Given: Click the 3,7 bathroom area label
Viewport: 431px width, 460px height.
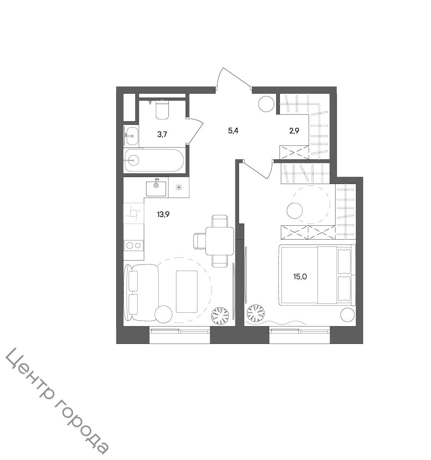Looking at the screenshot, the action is coord(162,134).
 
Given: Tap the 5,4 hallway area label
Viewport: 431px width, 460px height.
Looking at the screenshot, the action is coord(233,131).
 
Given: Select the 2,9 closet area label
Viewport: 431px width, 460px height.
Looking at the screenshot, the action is coord(294,131).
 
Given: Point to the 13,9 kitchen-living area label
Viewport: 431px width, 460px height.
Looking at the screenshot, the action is coord(163,215).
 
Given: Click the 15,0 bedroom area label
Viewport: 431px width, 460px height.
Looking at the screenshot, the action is coord(300,276).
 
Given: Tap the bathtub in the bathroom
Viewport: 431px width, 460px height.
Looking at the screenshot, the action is coord(154,160).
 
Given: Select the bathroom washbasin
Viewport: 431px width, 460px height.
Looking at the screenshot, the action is coord(131,136).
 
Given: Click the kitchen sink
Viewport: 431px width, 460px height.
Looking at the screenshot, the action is coord(156,189).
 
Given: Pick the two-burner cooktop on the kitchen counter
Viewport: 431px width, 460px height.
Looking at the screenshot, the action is coord(134,245).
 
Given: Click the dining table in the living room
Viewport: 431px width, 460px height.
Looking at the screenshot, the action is coord(220,241).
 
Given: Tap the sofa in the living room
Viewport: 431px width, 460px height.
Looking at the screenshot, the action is coord(141,292).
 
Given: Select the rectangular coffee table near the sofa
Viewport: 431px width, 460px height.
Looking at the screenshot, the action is coord(187,292).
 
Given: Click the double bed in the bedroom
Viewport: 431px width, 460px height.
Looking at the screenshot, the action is coord(317,275).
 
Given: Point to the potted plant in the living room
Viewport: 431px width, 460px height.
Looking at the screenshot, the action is coord(220,316).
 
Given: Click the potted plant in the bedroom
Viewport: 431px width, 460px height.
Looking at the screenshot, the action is coord(256,313).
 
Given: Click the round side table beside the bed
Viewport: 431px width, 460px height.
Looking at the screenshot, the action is coord(347,315).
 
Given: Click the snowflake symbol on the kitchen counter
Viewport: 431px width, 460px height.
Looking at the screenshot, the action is coord(179,187).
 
